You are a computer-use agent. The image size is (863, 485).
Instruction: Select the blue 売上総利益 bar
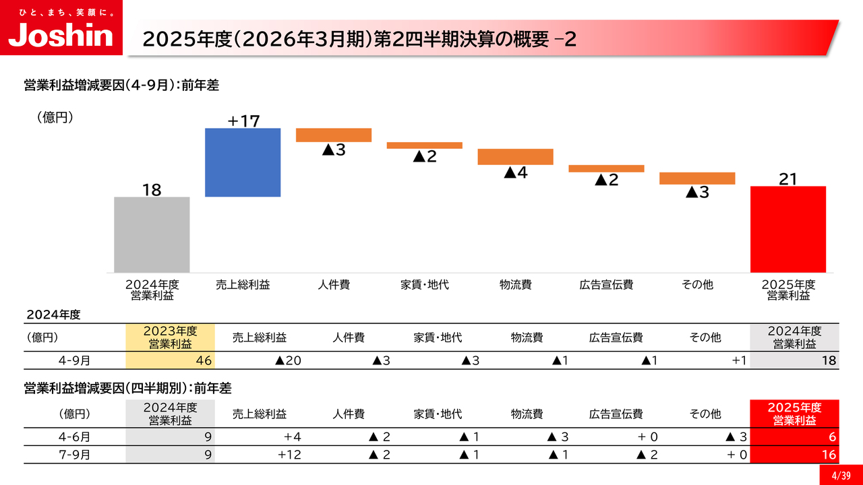[243, 162]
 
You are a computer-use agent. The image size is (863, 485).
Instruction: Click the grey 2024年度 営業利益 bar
[152, 234]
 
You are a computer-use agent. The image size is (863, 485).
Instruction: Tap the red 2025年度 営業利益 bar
[788, 229]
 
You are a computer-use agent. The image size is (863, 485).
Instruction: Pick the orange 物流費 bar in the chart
[515, 156]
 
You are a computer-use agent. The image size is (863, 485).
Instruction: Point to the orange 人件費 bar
[334, 135]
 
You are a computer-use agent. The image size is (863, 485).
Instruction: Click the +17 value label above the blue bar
[243, 121]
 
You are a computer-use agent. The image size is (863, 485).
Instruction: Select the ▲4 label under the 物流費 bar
[515, 172]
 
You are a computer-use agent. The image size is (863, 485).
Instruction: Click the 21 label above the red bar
[788, 179]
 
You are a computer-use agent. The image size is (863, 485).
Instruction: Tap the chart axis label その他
[697, 285]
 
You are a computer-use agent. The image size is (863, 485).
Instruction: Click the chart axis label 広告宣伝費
[606, 285]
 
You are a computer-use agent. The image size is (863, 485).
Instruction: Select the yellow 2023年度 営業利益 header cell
[170, 337]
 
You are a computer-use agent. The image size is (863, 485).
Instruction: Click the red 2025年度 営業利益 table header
[794, 414]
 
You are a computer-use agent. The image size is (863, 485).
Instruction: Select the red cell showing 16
[794, 455]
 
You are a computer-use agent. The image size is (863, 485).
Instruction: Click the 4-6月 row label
[74, 437]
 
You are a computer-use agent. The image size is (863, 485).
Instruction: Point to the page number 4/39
[841, 476]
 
